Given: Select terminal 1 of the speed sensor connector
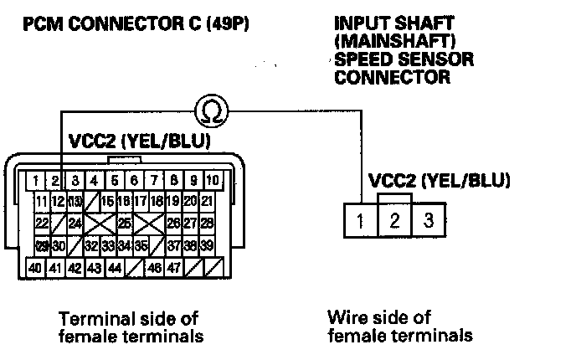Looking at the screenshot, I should click(359, 223).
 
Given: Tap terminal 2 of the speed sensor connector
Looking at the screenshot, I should click(393, 223).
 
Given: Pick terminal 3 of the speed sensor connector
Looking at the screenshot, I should click(428, 223).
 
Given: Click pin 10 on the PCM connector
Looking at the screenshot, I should click(213, 180).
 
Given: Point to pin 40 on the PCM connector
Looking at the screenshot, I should click(35, 269).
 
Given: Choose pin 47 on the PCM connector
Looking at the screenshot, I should click(172, 269).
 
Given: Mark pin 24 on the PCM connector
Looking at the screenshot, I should click(75, 224).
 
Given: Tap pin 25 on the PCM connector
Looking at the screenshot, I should click(124, 224).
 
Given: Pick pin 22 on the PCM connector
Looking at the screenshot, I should click(40, 224).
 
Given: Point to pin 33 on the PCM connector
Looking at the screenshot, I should click(107, 246).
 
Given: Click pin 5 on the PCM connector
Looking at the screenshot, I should click(113, 180).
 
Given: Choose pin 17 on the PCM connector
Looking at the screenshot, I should click(139, 202).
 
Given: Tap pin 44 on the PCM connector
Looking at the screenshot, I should click(116, 269).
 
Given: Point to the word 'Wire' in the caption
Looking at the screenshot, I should click(343, 318).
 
